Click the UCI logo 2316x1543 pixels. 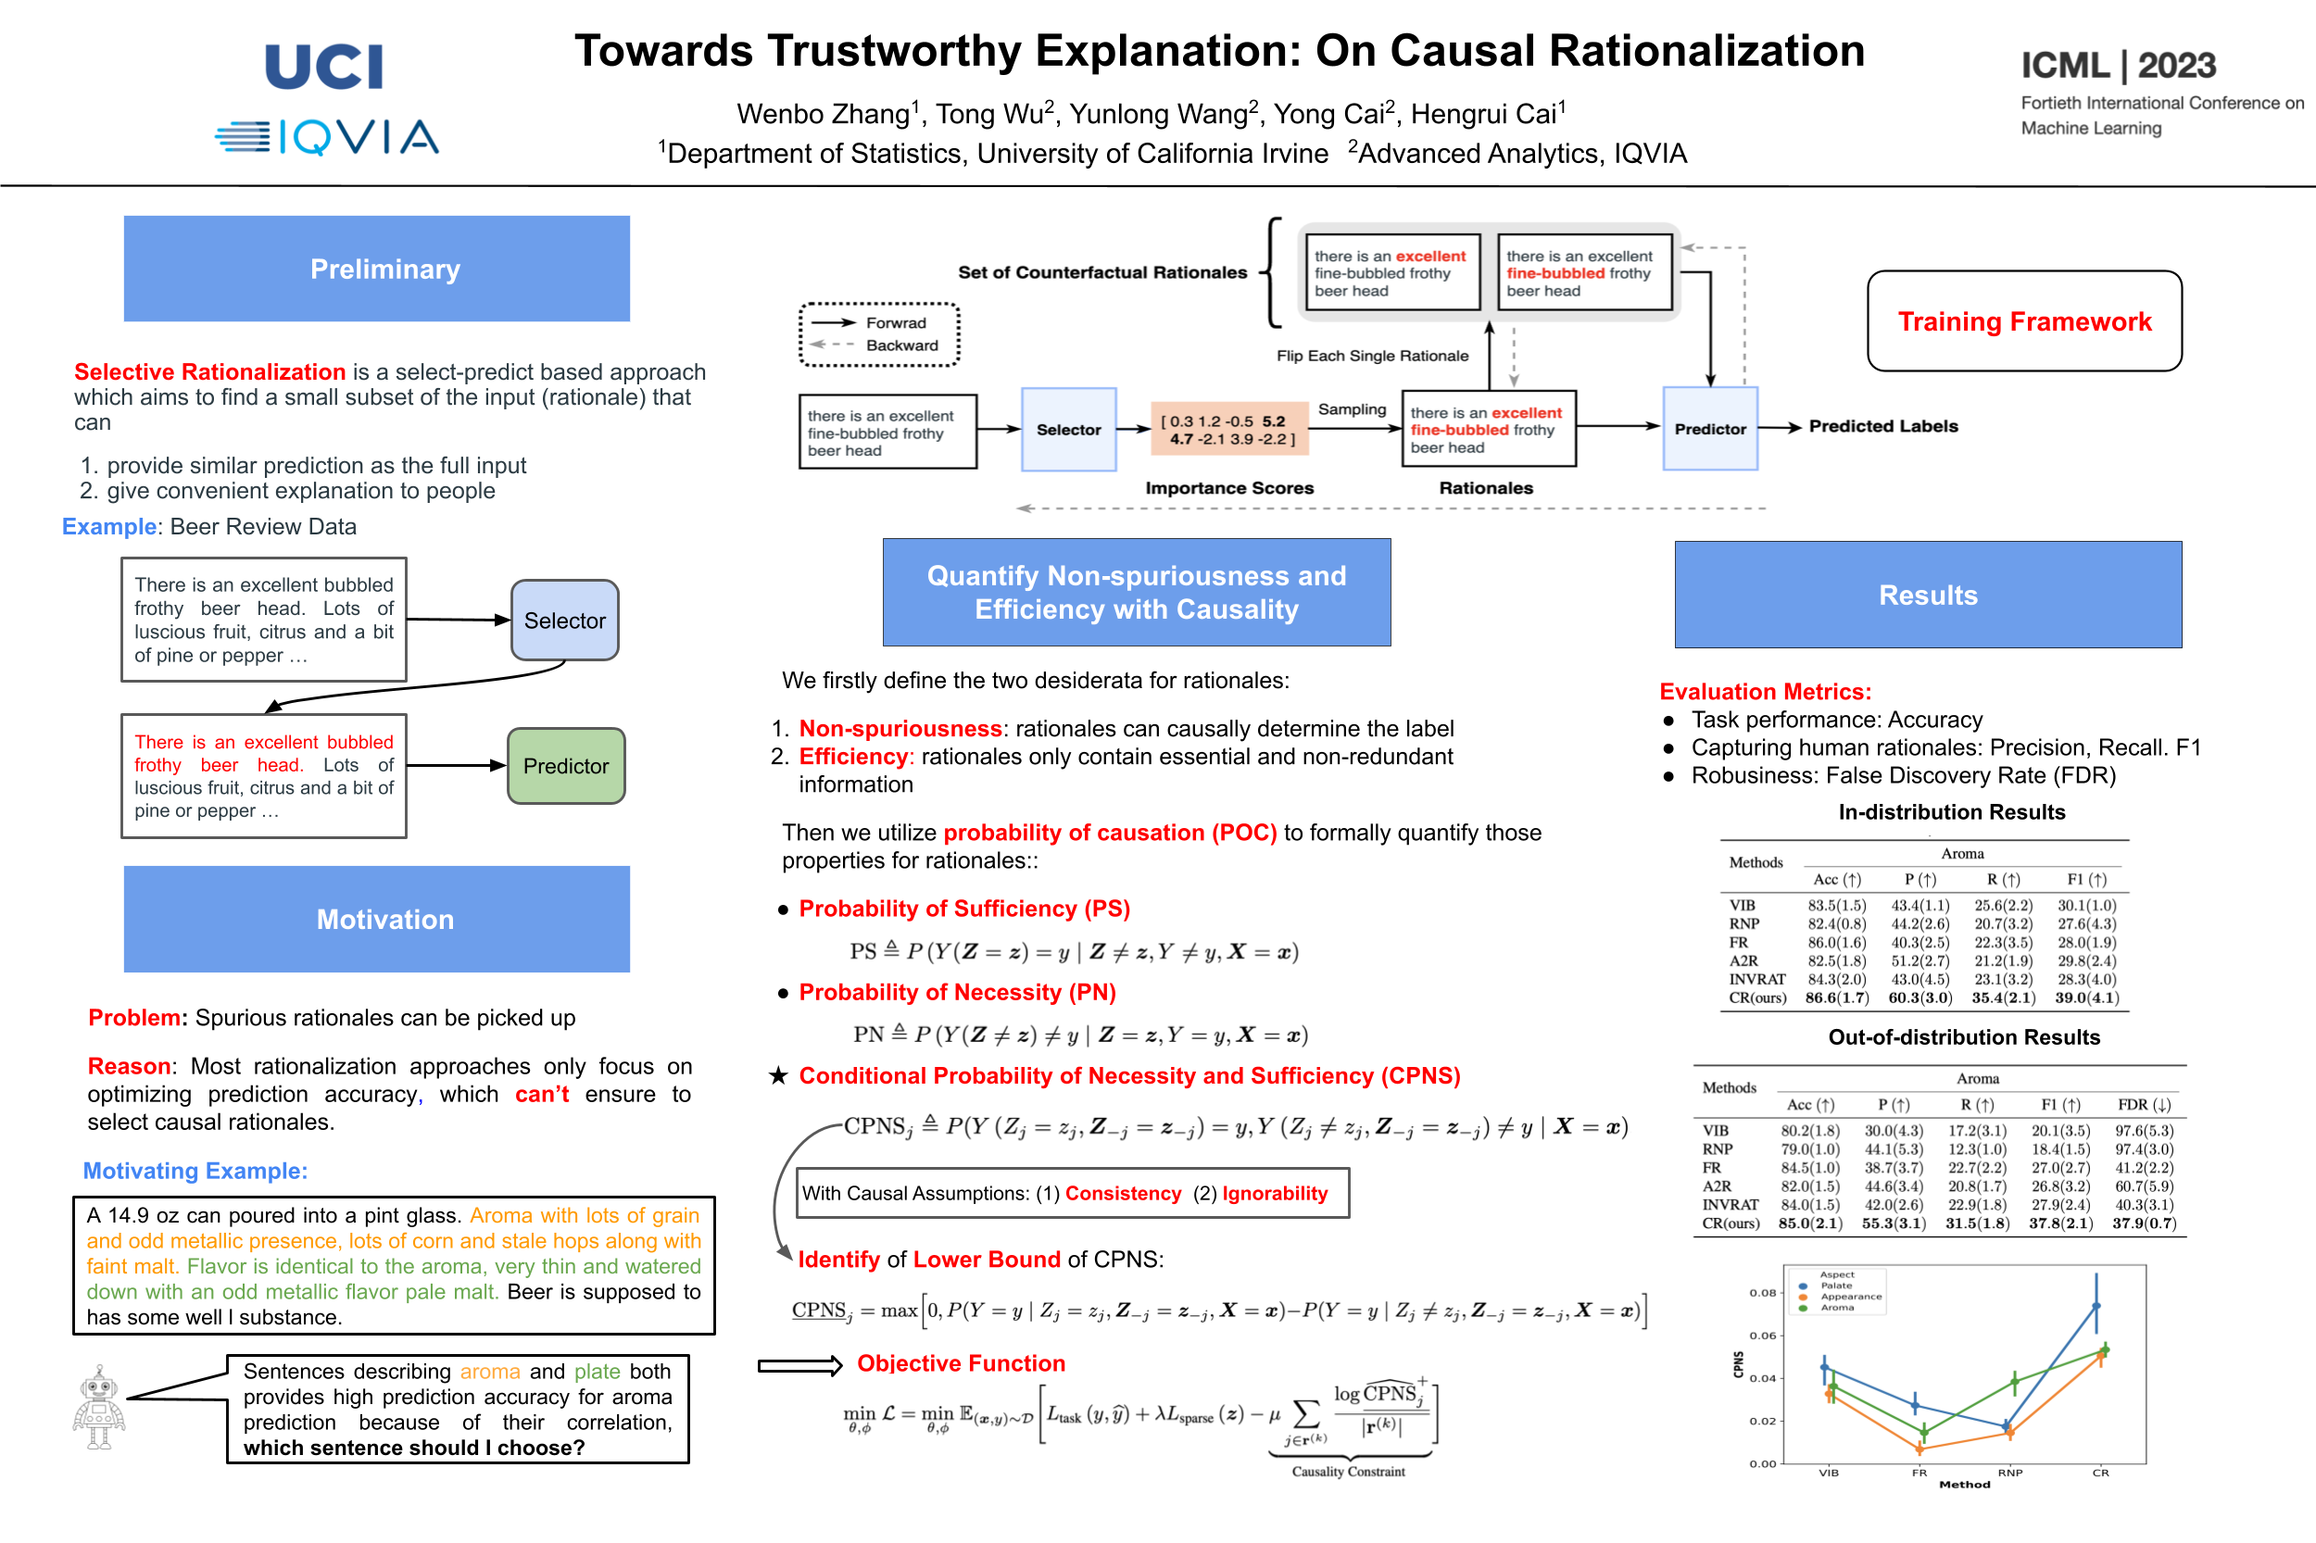pyautogui.click(x=324, y=67)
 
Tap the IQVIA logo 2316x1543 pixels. pyautogui.click(x=327, y=137)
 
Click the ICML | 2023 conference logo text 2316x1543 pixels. pyautogui.click(x=2118, y=66)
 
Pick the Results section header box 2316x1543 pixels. pyautogui.click(x=1927, y=595)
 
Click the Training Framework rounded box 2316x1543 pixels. pyautogui.click(x=2023, y=321)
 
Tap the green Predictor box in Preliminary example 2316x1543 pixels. pyautogui.click(x=566, y=766)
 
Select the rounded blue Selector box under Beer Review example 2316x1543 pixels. pyautogui.click(x=565, y=620)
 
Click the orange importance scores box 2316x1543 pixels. pyautogui.click(x=1228, y=430)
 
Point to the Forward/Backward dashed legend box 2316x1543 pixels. pyautogui.click(x=879, y=334)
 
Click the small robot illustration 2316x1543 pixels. pyautogui.click(x=98, y=1407)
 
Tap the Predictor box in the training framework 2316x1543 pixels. pyautogui.click(x=1710, y=429)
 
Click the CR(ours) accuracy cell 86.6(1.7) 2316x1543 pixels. pyautogui.click(x=1837, y=997)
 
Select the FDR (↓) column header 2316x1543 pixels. pyautogui.click(x=2144, y=1104)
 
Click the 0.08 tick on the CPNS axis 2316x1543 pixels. pyautogui.click(x=1763, y=1292)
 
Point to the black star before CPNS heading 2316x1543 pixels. pyautogui.click(x=778, y=1075)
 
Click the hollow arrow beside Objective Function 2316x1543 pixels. pyautogui.click(x=799, y=1365)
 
